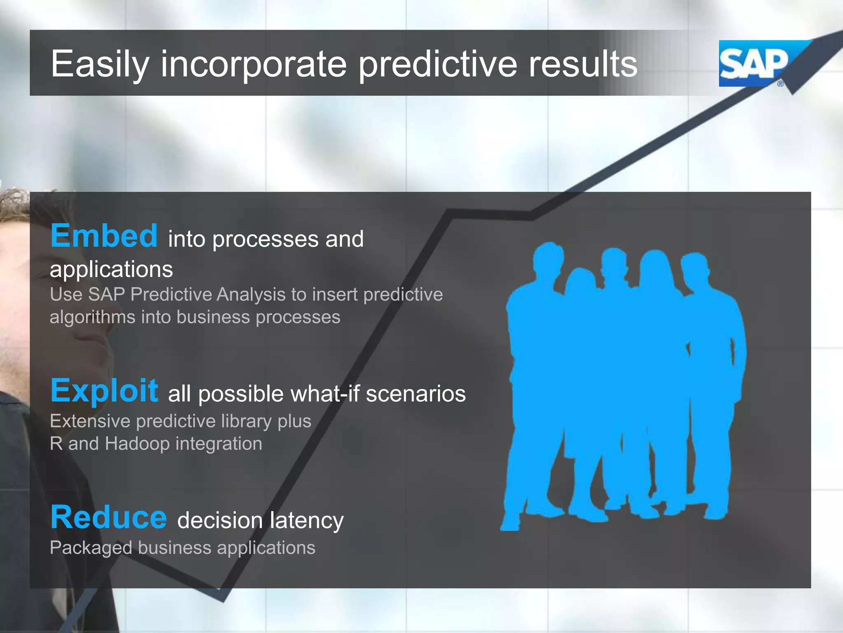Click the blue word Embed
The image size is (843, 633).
pos(104,236)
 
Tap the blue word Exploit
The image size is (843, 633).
pos(104,391)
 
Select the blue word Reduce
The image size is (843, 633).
pos(109,518)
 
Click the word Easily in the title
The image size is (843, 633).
pos(99,64)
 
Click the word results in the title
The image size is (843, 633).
pos(583,64)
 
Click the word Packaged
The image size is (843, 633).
pos(91,548)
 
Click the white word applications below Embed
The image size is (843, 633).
pos(111,270)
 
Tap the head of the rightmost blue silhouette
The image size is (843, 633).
pos(695,266)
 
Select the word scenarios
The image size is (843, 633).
pos(416,394)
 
